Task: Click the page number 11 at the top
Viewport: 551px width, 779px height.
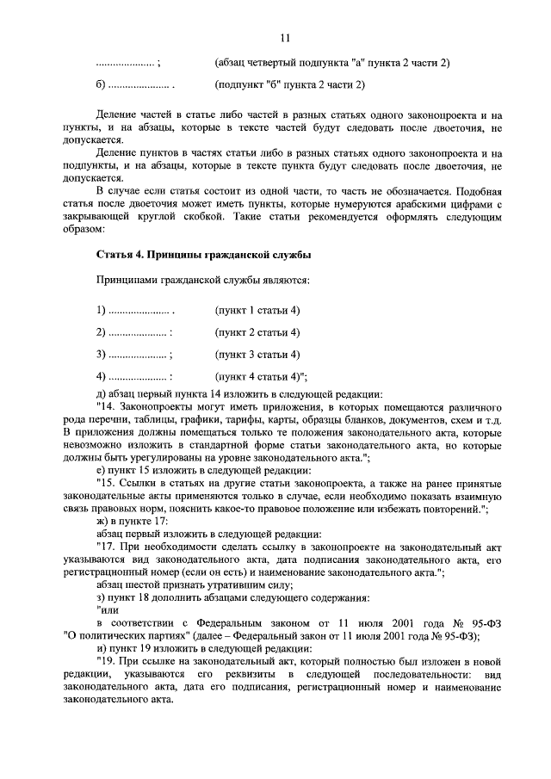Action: coord(285,37)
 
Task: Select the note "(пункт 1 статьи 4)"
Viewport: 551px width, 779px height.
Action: coord(257,310)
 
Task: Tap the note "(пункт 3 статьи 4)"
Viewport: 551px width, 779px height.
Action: coord(257,354)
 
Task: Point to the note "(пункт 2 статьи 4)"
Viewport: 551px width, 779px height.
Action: coord(257,332)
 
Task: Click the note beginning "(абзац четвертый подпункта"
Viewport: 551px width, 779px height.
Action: coord(331,63)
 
